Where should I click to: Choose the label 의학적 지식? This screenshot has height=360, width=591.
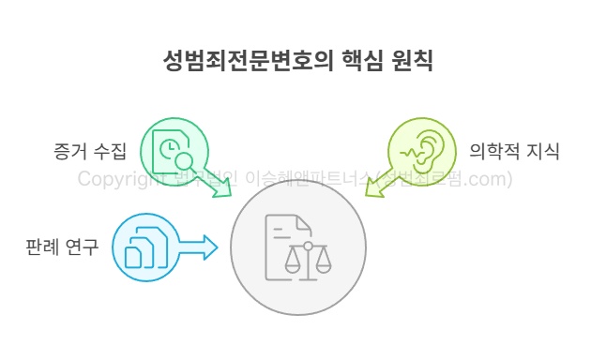pyautogui.click(x=514, y=150)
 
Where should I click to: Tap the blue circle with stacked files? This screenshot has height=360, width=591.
pyautogui.click(x=146, y=247)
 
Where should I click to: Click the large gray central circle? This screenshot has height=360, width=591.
pyautogui.click(x=298, y=247)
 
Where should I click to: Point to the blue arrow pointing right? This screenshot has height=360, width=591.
pyautogui.click(x=198, y=247)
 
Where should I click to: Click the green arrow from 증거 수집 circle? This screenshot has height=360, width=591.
pyautogui.click(x=220, y=187)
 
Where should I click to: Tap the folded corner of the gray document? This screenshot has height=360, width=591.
pyautogui.click(x=304, y=222)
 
